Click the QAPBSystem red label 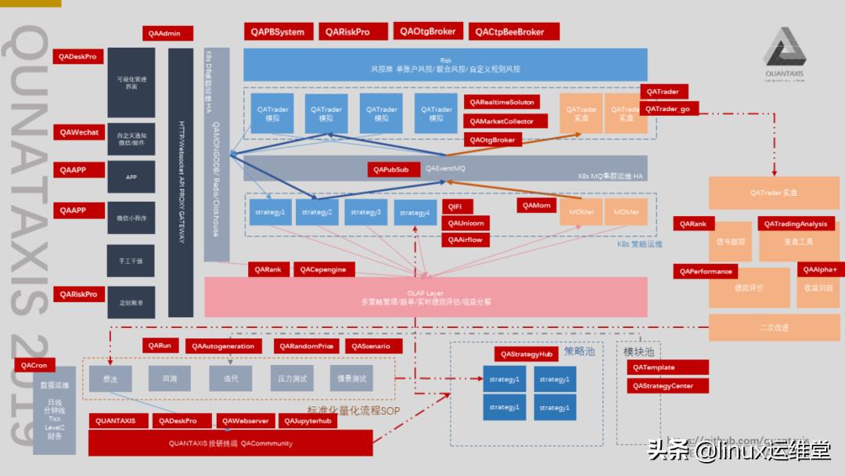click(x=278, y=32)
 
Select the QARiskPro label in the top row click(x=347, y=32)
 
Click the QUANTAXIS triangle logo click(x=784, y=51)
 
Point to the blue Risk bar click(x=445, y=64)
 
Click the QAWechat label click(x=79, y=132)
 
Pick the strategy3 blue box click(x=366, y=212)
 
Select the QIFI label click(x=455, y=206)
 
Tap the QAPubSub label click(x=390, y=169)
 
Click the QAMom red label click(x=537, y=205)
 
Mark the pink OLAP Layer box click(x=426, y=297)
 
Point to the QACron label click(x=34, y=366)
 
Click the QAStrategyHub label click(x=527, y=354)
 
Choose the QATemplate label click(x=667, y=367)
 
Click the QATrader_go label click(x=669, y=109)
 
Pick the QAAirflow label click(x=465, y=240)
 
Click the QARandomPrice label click(x=306, y=346)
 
